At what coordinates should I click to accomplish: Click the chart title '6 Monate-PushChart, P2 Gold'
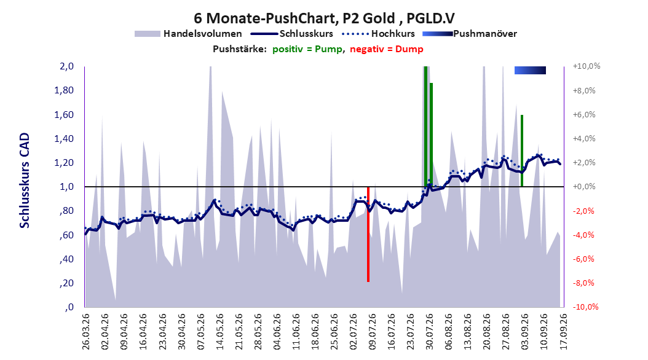pyautogui.click(x=294, y=18)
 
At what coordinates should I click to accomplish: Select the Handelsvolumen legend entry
pyautogui.click(x=188, y=34)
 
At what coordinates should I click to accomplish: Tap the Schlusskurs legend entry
pyautogui.click(x=291, y=34)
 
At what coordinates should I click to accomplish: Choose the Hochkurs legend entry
pyautogui.click(x=378, y=34)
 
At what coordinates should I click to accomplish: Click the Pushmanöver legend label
pyautogui.click(x=484, y=34)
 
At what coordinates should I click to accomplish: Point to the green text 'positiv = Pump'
pyautogui.click(x=307, y=49)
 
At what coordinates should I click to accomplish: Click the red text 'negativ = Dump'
pyautogui.click(x=387, y=49)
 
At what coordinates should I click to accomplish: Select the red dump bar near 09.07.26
pyautogui.click(x=368, y=234)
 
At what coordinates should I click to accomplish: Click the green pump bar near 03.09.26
pyautogui.click(x=522, y=151)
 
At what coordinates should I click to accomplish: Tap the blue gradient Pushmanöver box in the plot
pyautogui.click(x=530, y=70)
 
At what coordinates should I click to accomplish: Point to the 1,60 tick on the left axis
pyautogui.click(x=64, y=114)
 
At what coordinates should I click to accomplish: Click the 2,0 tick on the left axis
pyautogui.click(x=66, y=66)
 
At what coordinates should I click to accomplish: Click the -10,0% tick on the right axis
pyautogui.click(x=585, y=307)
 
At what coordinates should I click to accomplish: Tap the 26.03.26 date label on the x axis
pyautogui.click(x=85, y=332)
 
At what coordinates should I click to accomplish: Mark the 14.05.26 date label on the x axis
pyautogui.click(x=219, y=332)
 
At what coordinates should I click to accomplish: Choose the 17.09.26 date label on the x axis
pyautogui.click(x=563, y=332)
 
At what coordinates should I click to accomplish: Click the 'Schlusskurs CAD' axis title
pyautogui.click(x=25, y=181)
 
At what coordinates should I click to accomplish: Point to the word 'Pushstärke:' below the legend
pyautogui.click(x=240, y=49)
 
